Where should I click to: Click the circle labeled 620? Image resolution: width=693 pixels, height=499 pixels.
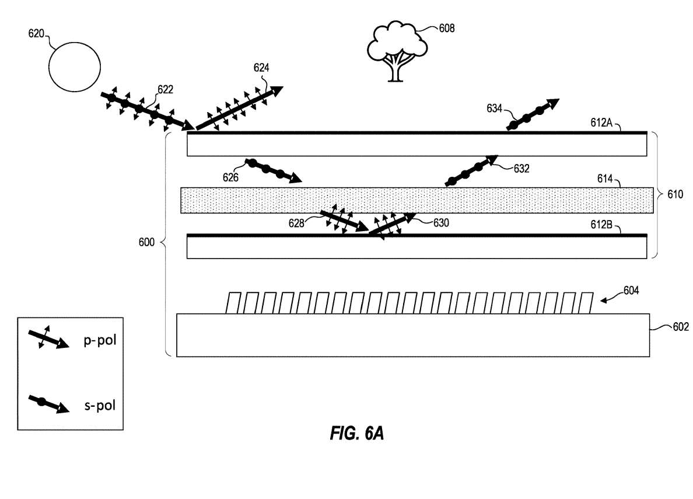[x=73, y=69]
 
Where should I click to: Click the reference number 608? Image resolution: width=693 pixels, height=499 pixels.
[x=446, y=27]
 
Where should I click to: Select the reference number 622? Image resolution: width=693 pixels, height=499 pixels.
[x=166, y=89]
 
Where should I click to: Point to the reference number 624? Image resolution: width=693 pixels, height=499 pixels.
[x=261, y=68]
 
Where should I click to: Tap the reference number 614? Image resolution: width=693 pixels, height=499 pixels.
[x=604, y=180]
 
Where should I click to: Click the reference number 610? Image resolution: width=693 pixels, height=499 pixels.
[x=676, y=193]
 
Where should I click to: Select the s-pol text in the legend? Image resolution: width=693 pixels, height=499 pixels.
[x=100, y=403]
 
